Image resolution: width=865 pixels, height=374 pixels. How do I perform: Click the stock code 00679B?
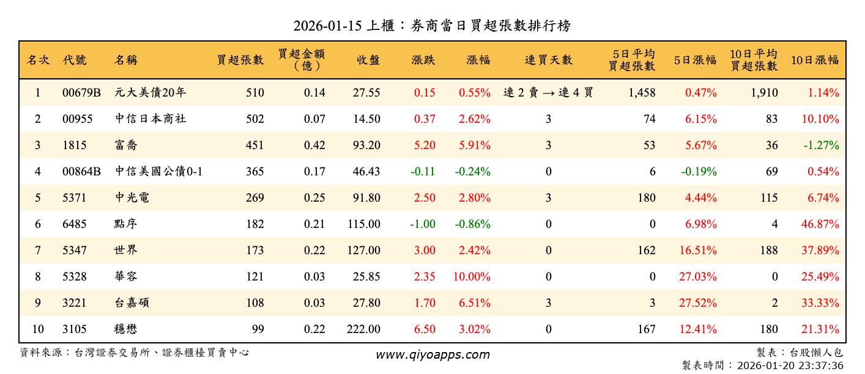[x=81, y=93]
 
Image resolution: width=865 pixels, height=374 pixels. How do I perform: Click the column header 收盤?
[x=367, y=60]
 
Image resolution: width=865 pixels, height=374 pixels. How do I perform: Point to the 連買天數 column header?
[x=548, y=60]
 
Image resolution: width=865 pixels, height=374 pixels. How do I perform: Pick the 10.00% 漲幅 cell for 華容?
[x=472, y=277]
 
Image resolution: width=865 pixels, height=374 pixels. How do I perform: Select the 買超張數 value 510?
[x=254, y=93]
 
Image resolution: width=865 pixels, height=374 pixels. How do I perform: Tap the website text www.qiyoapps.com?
[x=432, y=354]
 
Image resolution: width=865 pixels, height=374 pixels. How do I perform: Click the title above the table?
[x=432, y=26]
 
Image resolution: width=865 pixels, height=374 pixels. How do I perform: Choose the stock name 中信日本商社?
[x=150, y=119]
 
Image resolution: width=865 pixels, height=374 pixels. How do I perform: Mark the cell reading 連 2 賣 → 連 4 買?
[x=548, y=93]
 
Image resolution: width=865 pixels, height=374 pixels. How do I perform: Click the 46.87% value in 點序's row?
[x=820, y=224]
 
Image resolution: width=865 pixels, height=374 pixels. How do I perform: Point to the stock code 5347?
[x=75, y=251]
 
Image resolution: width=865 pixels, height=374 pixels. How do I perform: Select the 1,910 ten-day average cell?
[x=765, y=93]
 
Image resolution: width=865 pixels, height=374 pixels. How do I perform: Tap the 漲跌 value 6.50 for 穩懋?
[x=425, y=329]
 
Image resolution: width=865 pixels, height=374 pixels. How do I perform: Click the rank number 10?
[x=38, y=329]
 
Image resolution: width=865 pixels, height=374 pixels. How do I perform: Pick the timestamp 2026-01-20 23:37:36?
[x=790, y=366]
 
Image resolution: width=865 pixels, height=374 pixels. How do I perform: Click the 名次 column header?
[x=38, y=60]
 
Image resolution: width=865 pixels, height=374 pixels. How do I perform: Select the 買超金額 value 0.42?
[x=314, y=145]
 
